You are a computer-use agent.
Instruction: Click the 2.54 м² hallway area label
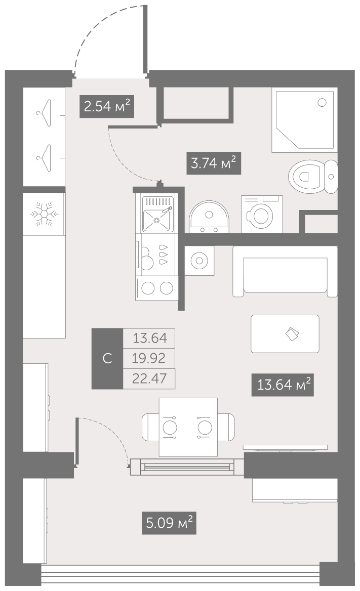click(x=107, y=106)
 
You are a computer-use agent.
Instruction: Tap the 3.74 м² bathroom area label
click(x=214, y=163)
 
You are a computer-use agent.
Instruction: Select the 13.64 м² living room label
click(x=283, y=385)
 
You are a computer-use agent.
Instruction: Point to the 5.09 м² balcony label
click(x=169, y=523)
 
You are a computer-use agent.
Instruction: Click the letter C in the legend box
click(x=107, y=358)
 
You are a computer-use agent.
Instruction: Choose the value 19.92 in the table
click(x=149, y=358)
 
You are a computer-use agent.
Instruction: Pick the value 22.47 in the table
click(x=149, y=378)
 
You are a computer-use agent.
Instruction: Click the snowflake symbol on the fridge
click(x=45, y=214)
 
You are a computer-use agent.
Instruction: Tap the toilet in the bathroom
click(x=313, y=177)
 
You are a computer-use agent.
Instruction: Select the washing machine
click(x=262, y=214)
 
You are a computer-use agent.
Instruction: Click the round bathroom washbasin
click(x=209, y=217)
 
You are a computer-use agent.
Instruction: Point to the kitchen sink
click(x=158, y=214)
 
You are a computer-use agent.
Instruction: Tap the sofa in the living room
click(x=285, y=271)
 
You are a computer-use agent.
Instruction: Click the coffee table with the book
click(x=285, y=334)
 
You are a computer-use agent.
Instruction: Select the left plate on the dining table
click(x=170, y=428)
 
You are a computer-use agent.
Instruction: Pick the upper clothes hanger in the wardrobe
click(x=44, y=113)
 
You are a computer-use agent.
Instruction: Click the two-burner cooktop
click(x=157, y=288)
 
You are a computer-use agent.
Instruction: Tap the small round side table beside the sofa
click(x=199, y=261)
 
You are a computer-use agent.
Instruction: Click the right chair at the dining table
click(x=226, y=427)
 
